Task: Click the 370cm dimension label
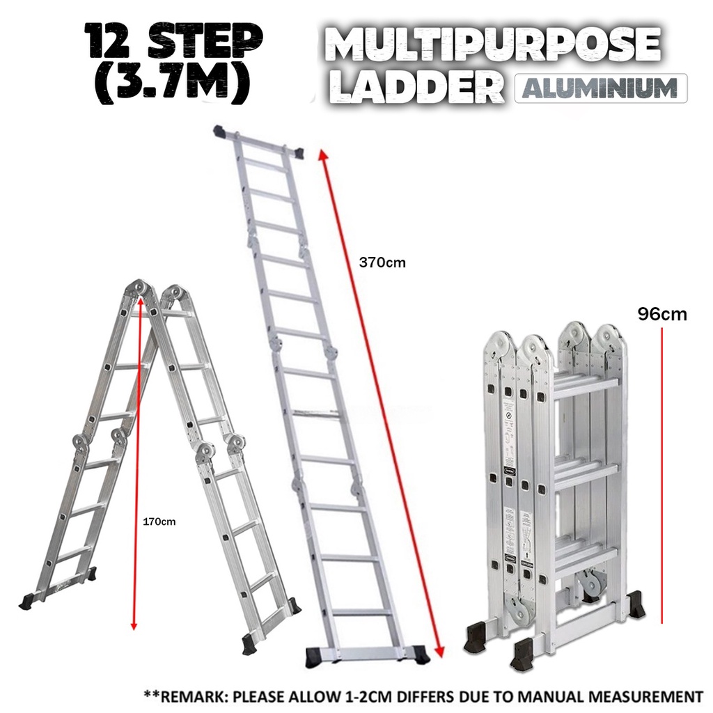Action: [382, 263]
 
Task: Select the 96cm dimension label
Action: [661, 314]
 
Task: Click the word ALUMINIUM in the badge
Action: [600, 88]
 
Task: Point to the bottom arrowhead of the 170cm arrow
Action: [134, 625]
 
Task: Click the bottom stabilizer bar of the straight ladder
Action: [367, 655]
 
